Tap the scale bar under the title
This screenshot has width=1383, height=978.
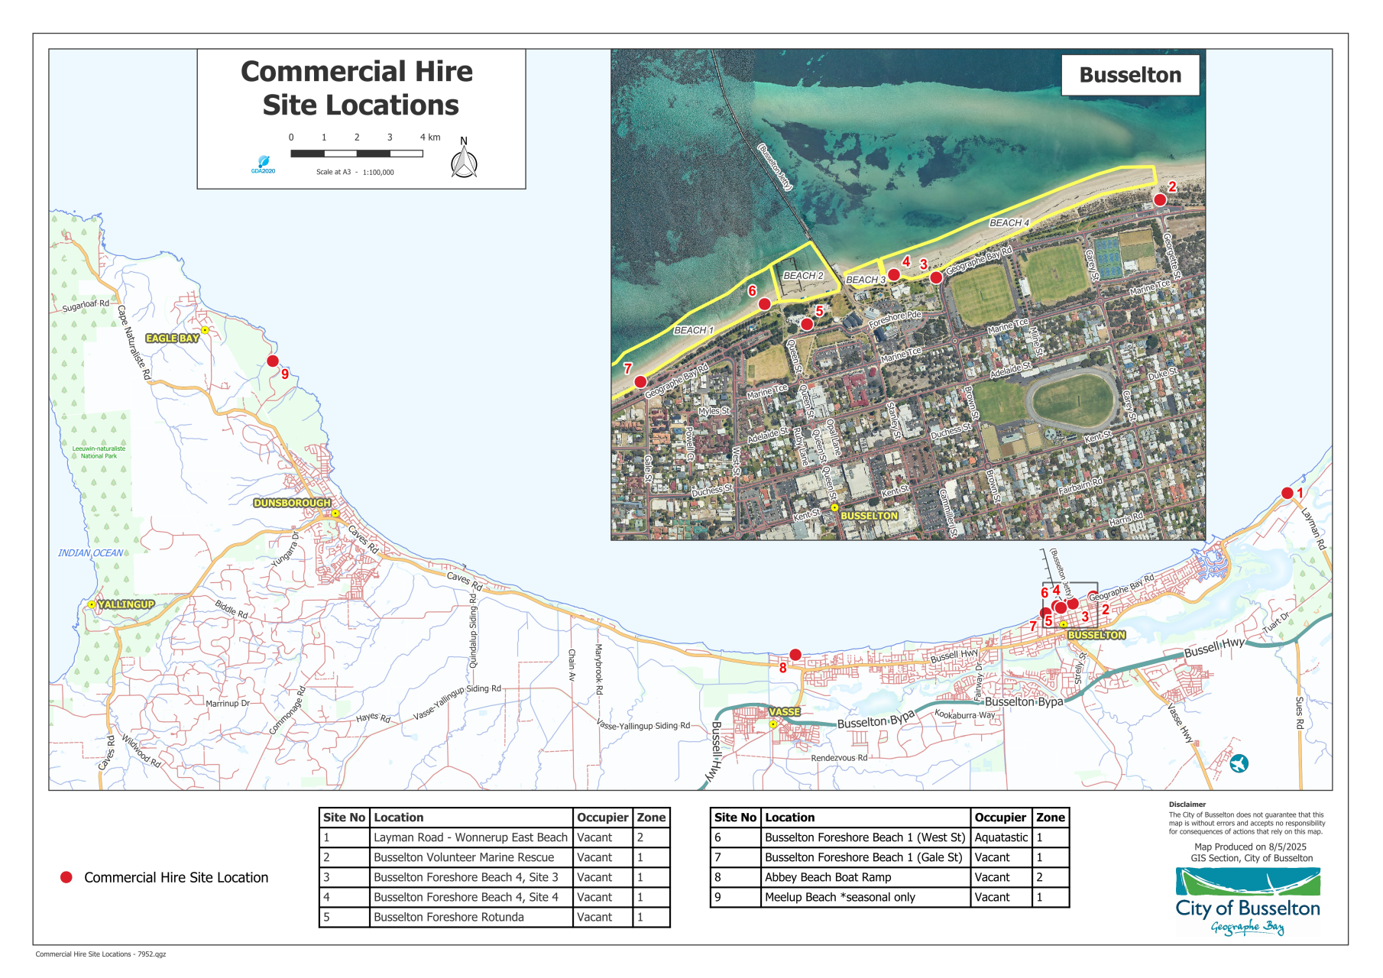click(357, 154)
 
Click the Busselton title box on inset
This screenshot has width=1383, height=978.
click(1129, 75)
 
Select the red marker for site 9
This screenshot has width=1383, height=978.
click(273, 361)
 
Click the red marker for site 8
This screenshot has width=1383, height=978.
click(795, 655)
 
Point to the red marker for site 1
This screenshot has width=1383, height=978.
click(1287, 493)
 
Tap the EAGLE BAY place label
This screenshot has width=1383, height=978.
click(172, 338)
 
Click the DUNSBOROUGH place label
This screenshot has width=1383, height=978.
click(292, 503)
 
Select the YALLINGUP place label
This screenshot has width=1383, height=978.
click(126, 604)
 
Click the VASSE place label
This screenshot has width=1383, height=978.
click(784, 711)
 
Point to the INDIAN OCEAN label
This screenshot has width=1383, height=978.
click(90, 552)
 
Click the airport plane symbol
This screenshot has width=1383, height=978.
click(1239, 763)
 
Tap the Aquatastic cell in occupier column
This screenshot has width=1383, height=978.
click(1001, 837)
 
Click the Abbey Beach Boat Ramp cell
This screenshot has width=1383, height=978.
click(828, 877)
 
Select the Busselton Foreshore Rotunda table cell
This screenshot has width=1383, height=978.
click(449, 917)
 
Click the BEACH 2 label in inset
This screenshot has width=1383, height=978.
click(803, 275)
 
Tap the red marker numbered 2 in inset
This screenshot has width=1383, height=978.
click(1160, 199)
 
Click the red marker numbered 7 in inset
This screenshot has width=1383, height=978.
click(640, 381)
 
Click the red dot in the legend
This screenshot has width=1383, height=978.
click(66, 877)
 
